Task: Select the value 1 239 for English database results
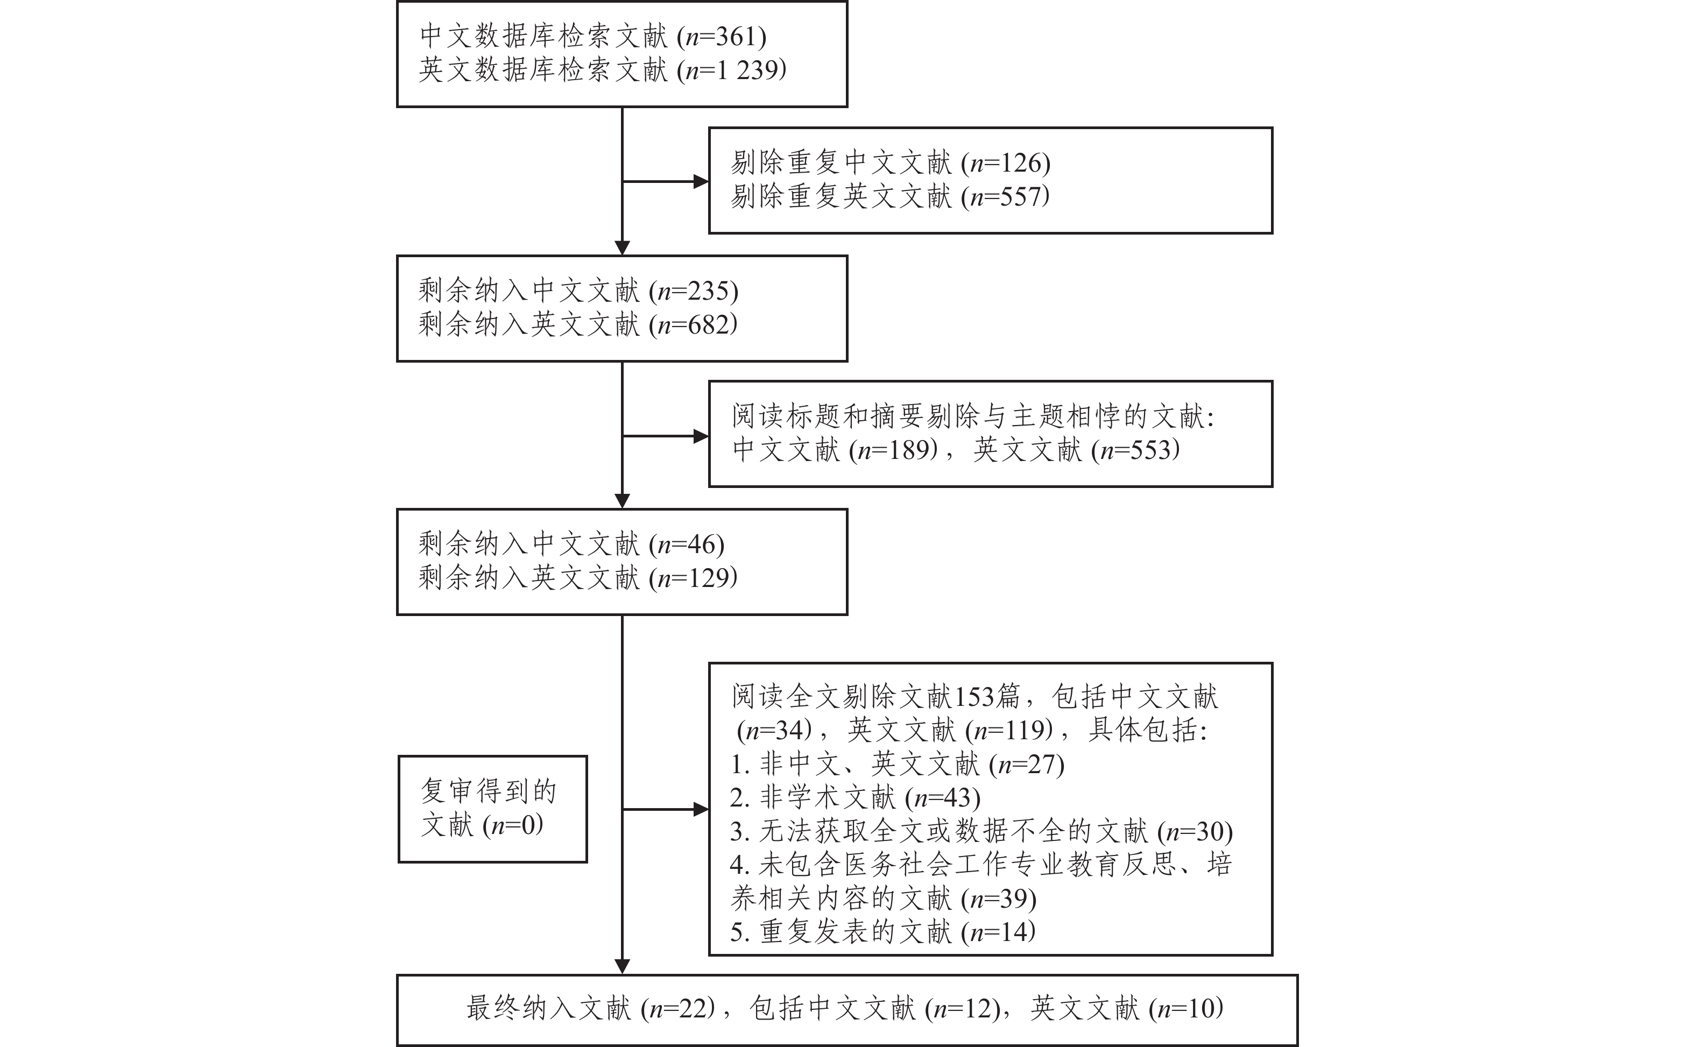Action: [751, 70]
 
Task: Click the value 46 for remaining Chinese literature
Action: [704, 544]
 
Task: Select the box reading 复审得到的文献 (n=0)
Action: [492, 809]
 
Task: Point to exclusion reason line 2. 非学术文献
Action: [855, 798]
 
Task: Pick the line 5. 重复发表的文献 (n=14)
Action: [883, 932]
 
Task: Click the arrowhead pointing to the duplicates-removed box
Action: [701, 181]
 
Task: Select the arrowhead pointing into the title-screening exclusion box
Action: [701, 436]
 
